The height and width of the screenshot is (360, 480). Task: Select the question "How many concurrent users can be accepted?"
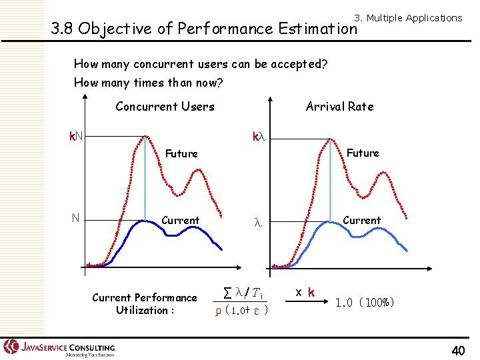pos(200,64)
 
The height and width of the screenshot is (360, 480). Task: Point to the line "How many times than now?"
pos(148,83)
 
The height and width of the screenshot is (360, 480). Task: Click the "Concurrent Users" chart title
pos(165,107)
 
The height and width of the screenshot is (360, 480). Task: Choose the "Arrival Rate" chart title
pos(339,107)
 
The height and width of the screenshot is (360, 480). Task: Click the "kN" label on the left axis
pos(77,137)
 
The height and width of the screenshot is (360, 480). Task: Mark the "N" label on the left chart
pos(76,218)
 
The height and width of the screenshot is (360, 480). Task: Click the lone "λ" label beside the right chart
pos(259,225)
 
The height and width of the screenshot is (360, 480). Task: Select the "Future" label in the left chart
pos(181,154)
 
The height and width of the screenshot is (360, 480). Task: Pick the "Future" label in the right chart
pos(363,153)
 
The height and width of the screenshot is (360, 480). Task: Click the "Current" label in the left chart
pos(180,221)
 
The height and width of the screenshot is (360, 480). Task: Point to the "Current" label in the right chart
pos(361,221)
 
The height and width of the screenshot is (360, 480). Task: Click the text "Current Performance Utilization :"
pos(144,304)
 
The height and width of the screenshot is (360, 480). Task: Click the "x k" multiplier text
pos(305,292)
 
